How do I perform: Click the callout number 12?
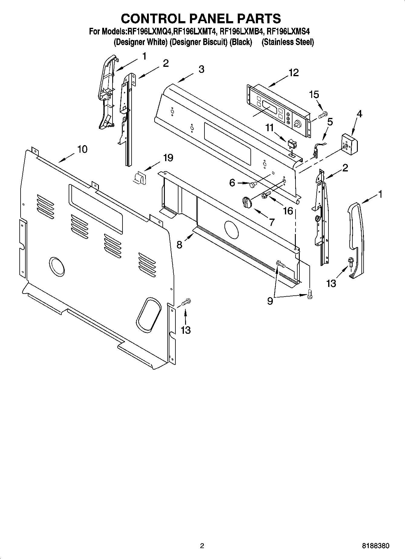pos(293,73)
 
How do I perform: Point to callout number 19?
pos(168,158)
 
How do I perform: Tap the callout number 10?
pos(82,149)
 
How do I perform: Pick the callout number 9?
pos(270,301)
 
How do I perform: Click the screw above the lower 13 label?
pos(186,301)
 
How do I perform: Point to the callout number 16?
pos(288,210)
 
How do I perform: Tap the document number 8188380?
pos(375,546)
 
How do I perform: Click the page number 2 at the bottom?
pos(202,546)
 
